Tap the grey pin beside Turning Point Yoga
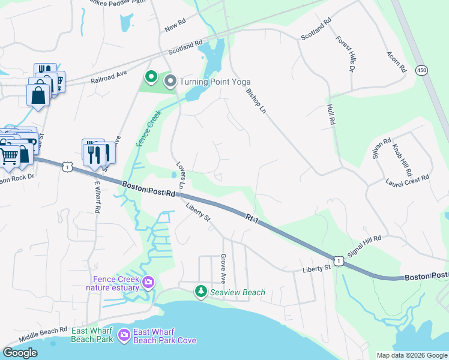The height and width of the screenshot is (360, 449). click(170, 80)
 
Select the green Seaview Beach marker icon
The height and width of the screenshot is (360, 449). click(200, 292)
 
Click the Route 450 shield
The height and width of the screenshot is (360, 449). click(420, 70)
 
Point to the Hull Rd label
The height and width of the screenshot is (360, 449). click(331, 114)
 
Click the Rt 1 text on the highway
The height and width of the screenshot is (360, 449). click(253, 218)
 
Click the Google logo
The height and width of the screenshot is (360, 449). click(20, 353)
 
